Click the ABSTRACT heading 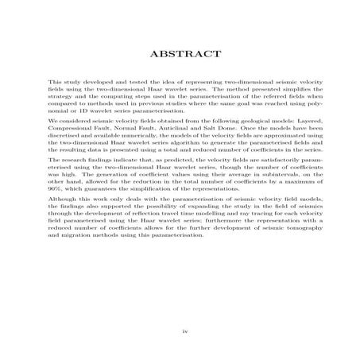pos(180,54)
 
